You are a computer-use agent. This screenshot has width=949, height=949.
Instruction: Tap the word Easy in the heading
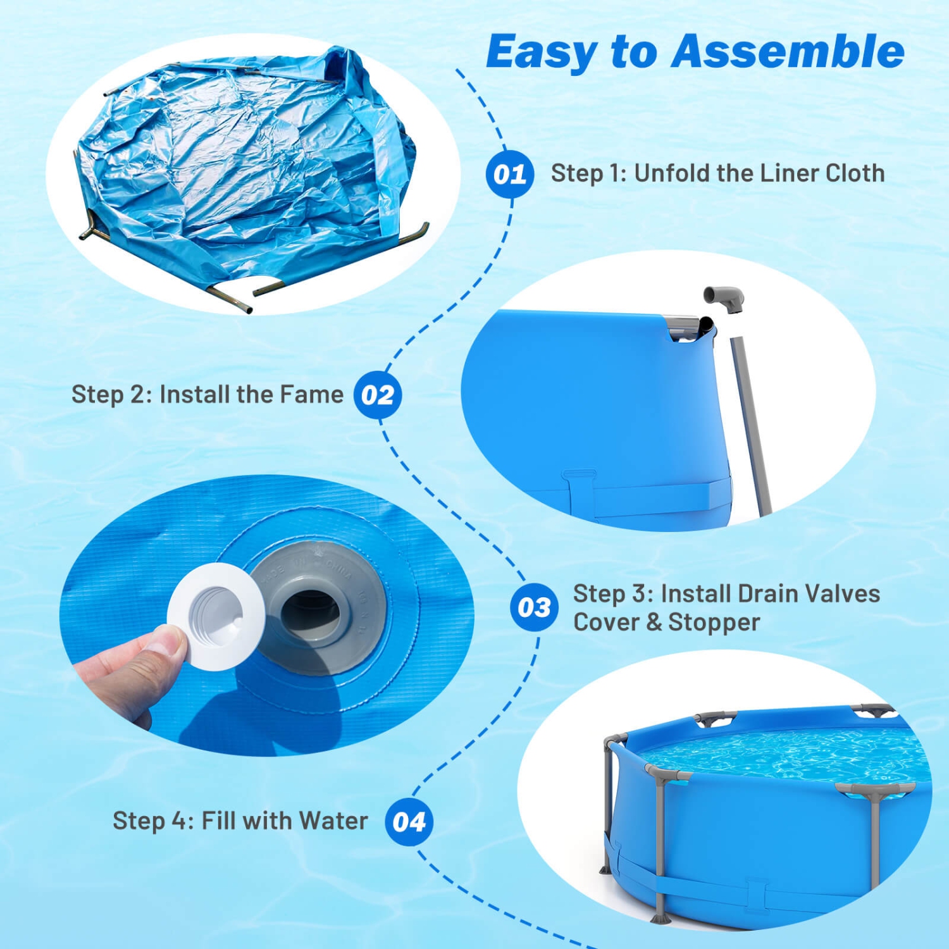coord(541,53)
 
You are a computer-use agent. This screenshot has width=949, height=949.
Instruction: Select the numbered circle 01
coord(510,174)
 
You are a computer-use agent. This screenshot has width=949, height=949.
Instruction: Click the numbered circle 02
coord(378,395)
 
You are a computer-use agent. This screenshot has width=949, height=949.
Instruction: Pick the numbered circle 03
coord(534,607)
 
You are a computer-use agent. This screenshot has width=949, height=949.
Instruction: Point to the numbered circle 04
coord(409,822)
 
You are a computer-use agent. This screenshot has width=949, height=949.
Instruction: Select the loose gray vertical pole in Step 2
coord(751,424)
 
